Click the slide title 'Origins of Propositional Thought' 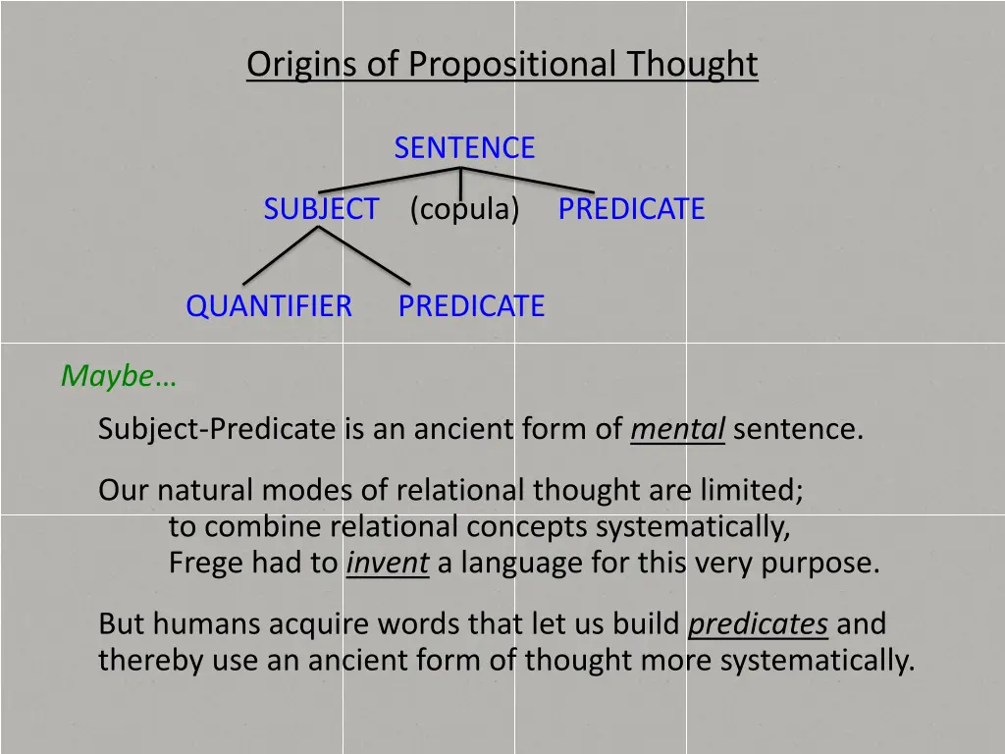pyautogui.click(x=502, y=65)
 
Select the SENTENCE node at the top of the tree pyautogui.click(x=464, y=148)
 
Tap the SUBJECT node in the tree pyautogui.click(x=321, y=209)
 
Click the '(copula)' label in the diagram pyautogui.click(x=464, y=209)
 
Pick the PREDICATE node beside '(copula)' pyautogui.click(x=631, y=209)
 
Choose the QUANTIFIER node pyautogui.click(x=269, y=306)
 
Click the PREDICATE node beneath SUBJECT pyautogui.click(x=471, y=306)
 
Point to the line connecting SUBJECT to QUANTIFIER pyautogui.click(x=281, y=256)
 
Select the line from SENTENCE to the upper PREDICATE pyautogui.click(x=530, y=180)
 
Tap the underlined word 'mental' pyautogui.click(x=677, y=430)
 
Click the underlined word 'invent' pyautogui.click(x=388, y=564)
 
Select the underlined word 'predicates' pyautogui.click(x=759, y=624)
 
